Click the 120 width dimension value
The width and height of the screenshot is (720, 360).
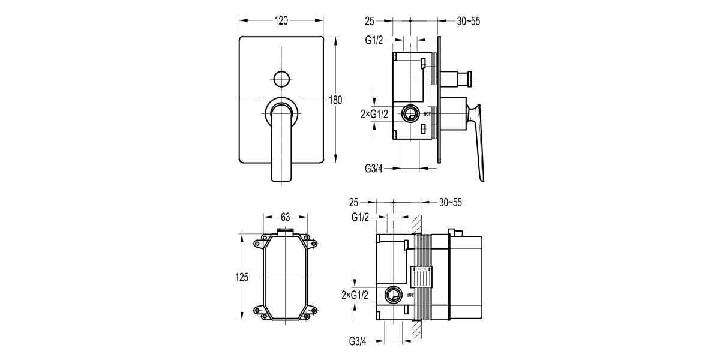click(281, 20)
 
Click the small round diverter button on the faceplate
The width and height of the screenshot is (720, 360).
click(281, 78)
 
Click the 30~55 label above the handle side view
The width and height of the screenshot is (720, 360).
click(469, 21)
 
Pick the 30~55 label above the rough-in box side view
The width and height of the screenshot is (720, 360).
click(451, 202)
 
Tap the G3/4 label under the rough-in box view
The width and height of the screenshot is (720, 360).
click(358, 341)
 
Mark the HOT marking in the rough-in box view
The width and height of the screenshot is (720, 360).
click(410, 295)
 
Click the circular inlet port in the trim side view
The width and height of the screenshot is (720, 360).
click(412, 113)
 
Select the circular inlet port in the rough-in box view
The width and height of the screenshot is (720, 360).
click(394, 294)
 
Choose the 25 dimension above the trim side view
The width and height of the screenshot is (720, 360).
click(369, 21)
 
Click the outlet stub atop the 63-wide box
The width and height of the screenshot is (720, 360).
click(285, 231)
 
